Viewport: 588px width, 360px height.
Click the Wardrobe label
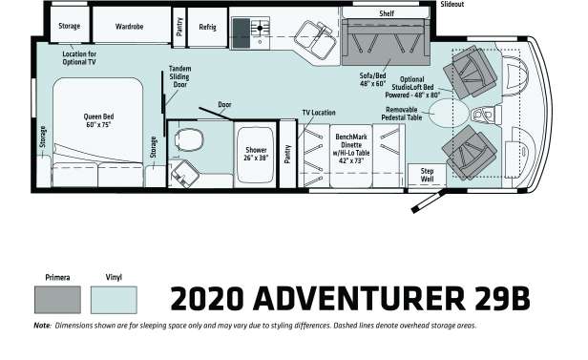click(x=129, y=27)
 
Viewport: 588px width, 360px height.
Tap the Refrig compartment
click(x=207, y=27)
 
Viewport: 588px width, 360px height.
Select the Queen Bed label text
click(x=98, y=120)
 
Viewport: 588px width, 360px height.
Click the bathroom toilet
click(x=189, y=139)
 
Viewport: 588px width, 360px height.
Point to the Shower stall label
click(x=256, y=154)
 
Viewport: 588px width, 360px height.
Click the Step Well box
click(x=427, y=175)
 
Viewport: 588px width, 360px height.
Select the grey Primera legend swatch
click(x=57, y=300)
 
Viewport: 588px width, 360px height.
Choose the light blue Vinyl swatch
click(x=114, y=300)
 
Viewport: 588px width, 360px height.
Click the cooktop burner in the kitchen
click(x=260, y=28)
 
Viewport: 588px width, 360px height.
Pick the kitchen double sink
click(x=315, y=40)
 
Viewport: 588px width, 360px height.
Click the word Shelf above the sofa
click(x=387, y=13)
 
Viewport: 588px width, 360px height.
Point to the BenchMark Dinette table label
click(x=351, y=149)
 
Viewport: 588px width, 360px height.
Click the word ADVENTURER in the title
click(x=359, y=299)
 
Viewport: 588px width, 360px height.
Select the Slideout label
click(x=452, y=4)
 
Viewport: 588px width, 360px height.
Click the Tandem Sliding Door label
click(x=180, y=76)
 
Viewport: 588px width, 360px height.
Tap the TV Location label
click(x=319, y=113)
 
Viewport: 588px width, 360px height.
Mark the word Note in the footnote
click(x=42, y=326)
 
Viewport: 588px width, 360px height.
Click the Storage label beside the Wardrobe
click(x=70, y=26)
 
